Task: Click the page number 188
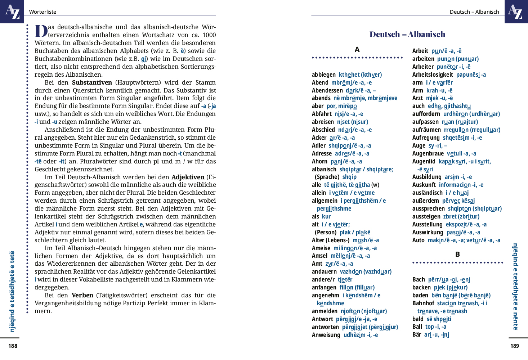13,346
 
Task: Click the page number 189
515,346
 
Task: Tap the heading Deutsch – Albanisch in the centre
407,34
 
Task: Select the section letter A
357,50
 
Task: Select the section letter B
457,255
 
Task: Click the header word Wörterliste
42,12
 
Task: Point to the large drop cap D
41,31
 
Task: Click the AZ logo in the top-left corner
12,12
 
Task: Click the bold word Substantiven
92,82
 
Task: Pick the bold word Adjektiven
188,177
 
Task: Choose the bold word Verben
82,295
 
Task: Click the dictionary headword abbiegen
324,75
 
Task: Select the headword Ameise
321,248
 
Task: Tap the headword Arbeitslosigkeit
433,75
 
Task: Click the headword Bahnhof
423,303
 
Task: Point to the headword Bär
417,335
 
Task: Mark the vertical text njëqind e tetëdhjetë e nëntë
515,286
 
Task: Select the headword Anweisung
326,335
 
